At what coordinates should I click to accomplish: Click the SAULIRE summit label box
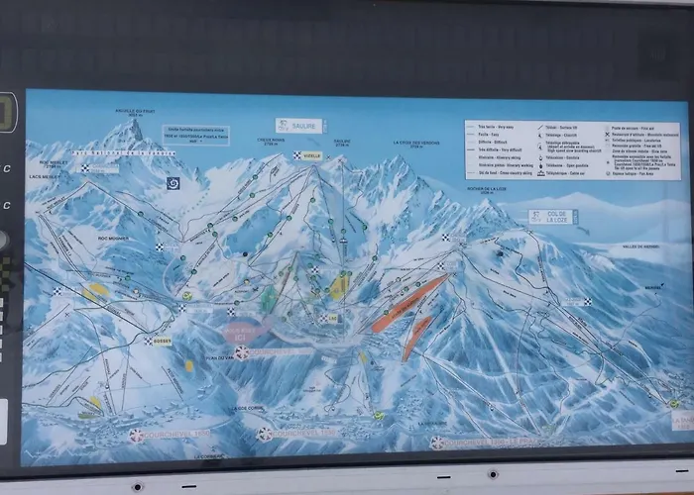[298, 126]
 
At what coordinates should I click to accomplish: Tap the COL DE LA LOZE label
[553, 216]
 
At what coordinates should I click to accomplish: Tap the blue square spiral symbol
[173, 183]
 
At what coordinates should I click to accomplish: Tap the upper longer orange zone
[409, 303]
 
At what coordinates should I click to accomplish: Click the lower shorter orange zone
[416, 338]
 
